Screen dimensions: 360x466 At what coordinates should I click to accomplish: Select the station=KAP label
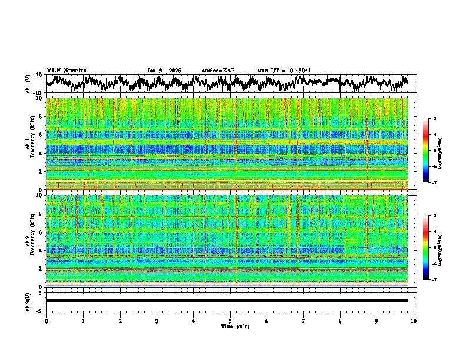coord(218,71)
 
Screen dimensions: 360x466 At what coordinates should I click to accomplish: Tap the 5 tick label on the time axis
coord(230,321)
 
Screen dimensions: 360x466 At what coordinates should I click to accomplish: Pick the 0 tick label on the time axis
coord(46,321)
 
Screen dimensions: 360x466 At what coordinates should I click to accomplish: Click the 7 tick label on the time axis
coord(304,321)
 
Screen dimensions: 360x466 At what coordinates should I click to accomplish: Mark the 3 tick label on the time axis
coord(157,321)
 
